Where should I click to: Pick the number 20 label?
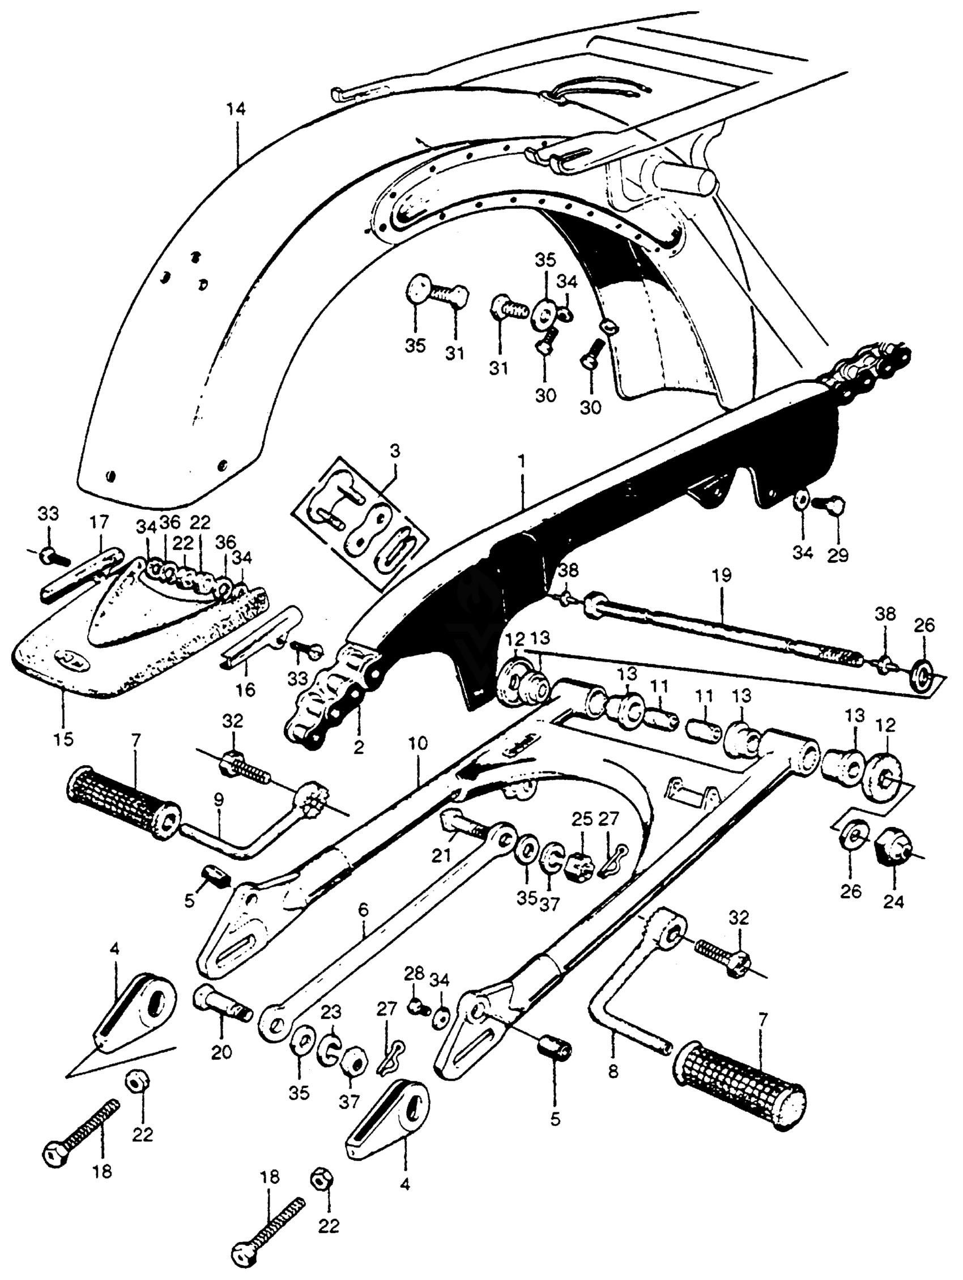(x=221, y=1051)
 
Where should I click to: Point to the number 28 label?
(x=414, y=972)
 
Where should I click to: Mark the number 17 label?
(x=99, y=522)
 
